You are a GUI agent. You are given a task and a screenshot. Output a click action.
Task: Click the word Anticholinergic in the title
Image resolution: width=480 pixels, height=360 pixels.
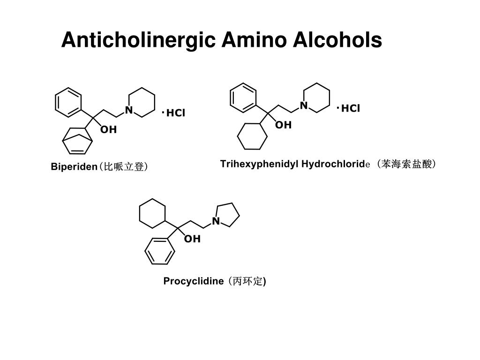coord(138,40)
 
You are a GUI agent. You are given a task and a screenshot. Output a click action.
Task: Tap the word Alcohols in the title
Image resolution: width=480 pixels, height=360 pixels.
coord(337,40)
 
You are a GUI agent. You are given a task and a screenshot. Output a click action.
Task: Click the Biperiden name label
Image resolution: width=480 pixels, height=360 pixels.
coord(74,167)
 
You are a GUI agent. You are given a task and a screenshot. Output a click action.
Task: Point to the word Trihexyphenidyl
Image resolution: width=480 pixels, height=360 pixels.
coord(259,164)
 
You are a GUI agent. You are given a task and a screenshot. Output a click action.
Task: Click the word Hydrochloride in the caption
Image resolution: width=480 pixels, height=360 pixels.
coord(336,164)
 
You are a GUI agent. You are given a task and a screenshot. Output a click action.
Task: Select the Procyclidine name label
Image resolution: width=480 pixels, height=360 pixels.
coord(194,281)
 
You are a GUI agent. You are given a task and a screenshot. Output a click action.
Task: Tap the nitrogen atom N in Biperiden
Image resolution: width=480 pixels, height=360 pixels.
coord(128,111)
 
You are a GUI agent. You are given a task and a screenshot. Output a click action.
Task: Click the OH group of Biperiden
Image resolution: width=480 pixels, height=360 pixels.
coord(108,130)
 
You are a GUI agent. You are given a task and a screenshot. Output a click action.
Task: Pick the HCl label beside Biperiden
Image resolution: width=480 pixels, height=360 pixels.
coord(176,113)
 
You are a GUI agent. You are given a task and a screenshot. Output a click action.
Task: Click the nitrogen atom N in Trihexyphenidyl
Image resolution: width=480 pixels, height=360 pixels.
coord(304,106)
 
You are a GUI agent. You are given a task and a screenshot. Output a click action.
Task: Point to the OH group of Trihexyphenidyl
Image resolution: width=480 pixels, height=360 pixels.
coord(283,125)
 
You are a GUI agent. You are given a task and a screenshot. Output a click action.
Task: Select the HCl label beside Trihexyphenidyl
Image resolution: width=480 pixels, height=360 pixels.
coord(351,109)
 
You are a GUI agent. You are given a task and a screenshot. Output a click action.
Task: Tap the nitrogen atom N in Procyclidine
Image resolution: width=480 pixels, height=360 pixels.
coord(216,221)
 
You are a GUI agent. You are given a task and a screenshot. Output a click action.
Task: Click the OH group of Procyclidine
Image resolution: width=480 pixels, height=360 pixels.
coord(192,239)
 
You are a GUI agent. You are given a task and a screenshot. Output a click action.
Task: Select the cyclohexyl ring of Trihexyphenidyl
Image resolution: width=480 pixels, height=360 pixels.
coord(252,136)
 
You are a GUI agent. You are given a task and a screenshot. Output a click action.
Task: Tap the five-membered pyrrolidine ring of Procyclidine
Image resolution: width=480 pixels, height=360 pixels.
coord(227,215)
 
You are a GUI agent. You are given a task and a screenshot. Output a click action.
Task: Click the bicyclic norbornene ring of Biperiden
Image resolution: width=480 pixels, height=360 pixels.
coord(77,139)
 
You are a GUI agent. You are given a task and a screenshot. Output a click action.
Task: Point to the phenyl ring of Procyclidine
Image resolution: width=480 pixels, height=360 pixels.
coord(160,251)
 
